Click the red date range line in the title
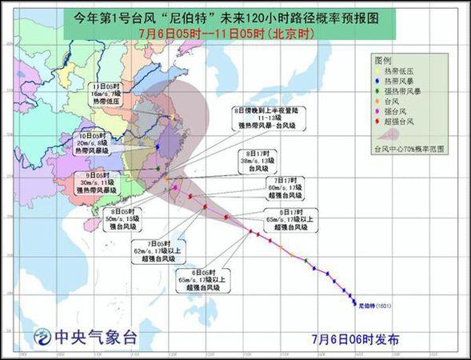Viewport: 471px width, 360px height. [x=235, y=33]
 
